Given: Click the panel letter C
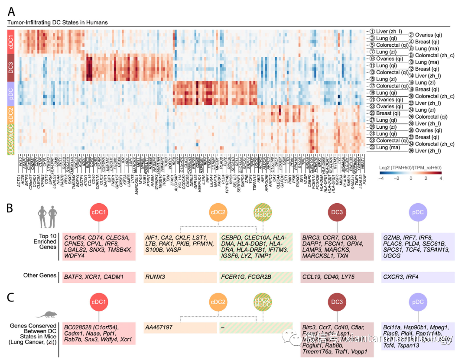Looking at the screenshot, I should coord(12,298).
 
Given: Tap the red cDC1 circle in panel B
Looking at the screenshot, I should coord(99,212).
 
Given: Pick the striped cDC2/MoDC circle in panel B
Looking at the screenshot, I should coord(263,212).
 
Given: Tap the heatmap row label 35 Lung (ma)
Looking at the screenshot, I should coord(387,147).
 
